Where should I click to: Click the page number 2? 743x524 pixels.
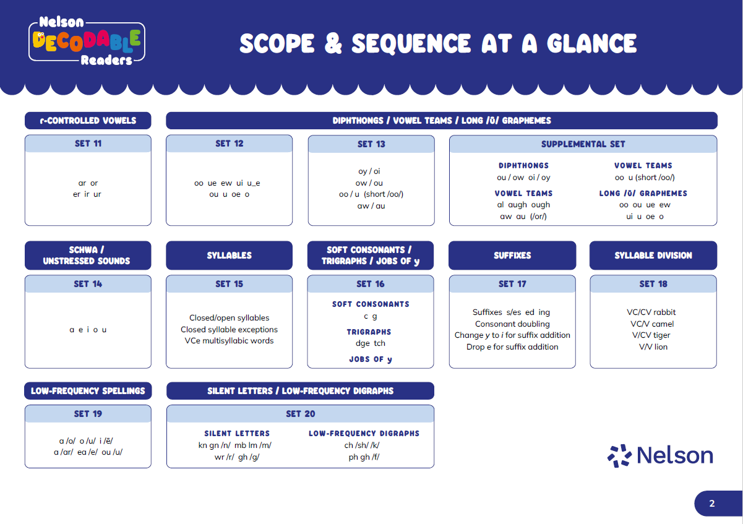711,504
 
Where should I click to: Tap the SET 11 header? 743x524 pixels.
88,144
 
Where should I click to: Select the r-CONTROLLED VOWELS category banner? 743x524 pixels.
88,121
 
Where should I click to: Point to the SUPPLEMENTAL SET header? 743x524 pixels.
583,144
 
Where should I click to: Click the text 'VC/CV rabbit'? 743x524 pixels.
653,312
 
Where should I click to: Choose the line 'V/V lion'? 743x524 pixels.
653,347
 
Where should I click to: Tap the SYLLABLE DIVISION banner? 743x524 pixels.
653,256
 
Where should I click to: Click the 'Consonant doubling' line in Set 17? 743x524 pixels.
512,324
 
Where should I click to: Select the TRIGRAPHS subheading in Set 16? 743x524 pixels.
370,332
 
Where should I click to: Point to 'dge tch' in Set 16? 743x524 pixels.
370,343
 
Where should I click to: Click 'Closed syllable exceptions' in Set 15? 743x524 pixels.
229,330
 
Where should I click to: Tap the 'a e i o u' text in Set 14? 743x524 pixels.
88,330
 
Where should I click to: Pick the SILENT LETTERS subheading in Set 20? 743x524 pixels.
237,434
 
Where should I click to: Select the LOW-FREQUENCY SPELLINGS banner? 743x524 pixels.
88,391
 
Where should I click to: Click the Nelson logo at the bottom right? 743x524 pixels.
660,456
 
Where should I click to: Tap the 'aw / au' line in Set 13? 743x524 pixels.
371,206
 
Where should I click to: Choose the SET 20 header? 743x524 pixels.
300,414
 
